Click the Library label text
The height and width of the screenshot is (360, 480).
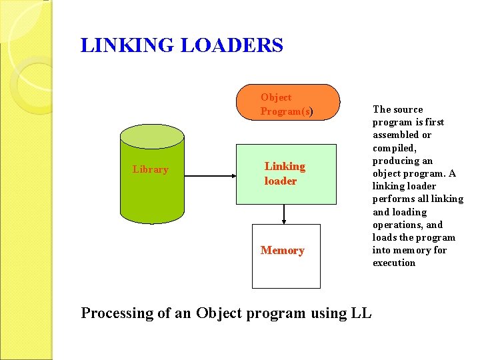151,169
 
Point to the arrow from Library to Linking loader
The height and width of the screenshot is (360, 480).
210,175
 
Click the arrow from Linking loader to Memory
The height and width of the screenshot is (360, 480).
285,214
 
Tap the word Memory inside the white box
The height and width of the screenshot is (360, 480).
283,251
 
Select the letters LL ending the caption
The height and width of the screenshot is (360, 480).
360,313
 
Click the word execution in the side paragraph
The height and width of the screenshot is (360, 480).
394,263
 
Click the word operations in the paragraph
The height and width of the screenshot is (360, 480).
397,225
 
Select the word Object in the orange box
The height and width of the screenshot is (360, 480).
276,97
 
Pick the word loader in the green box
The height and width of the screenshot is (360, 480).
281,181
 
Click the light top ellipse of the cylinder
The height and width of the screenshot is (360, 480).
151,136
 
